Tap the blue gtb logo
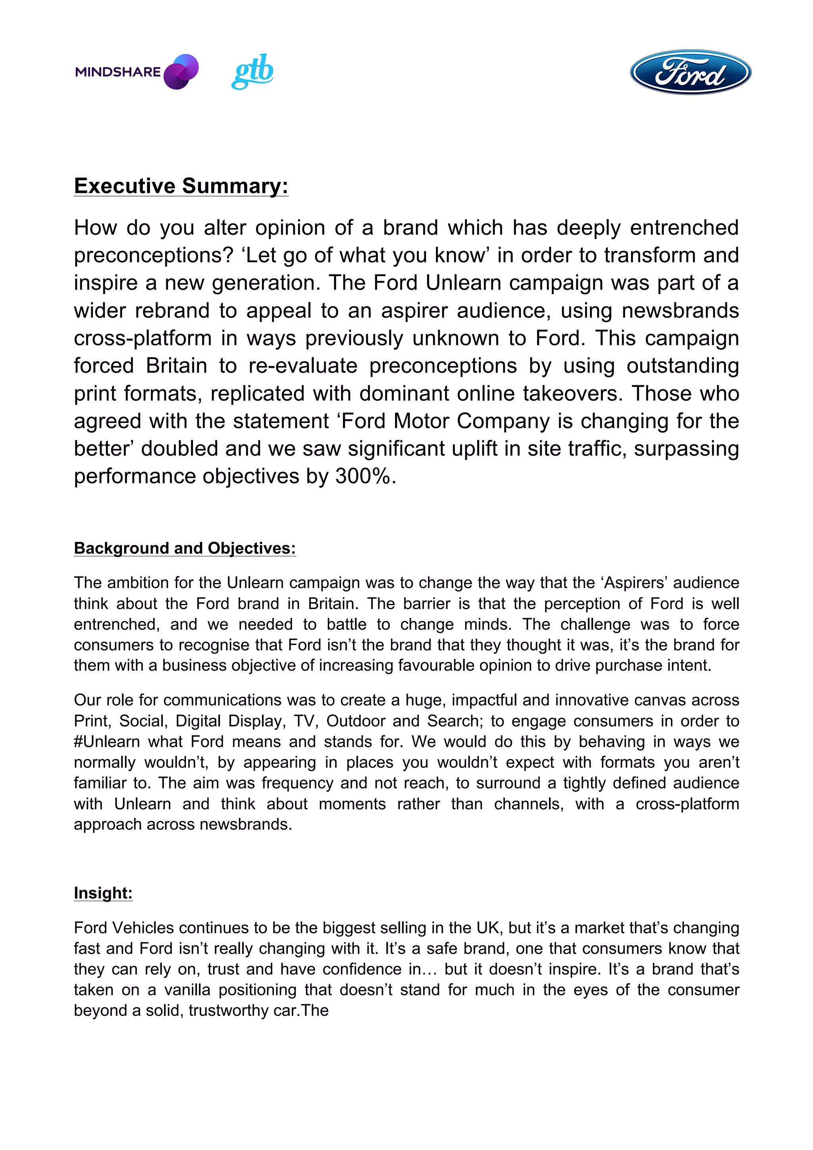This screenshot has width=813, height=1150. tap(252, 71)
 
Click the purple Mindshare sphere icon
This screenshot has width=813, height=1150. tap(181, 71)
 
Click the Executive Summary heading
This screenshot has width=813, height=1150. tap(181, 186)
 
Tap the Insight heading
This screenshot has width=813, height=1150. tap(103, 892)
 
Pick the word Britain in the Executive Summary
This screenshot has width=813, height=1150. tap(176, 365)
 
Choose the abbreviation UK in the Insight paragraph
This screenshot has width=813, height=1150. tap(488, 928)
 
